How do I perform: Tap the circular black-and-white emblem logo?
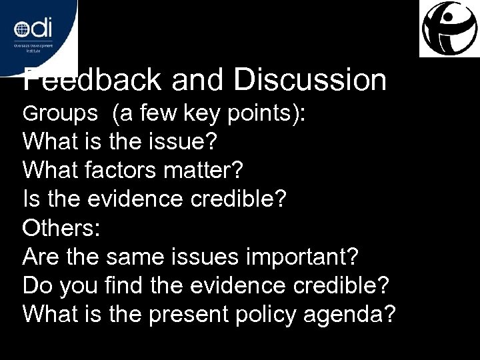point(449,29)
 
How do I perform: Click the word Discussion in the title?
point(310,81)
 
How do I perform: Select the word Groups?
point(60,114)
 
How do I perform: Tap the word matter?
point(201,170)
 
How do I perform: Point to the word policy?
point(265,313)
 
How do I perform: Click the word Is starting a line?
point(31,199)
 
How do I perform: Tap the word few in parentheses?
point(157,114)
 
